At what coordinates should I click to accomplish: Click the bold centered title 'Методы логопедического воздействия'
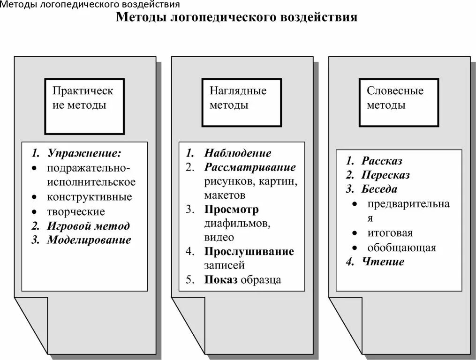click(x=236, y=18)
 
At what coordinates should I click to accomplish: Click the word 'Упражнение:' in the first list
click(x=84, y=153)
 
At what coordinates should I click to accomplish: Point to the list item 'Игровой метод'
click(x=88, y=226)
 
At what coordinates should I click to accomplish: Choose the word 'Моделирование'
click(x=89, y=240)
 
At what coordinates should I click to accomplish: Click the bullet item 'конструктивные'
click(x=89, y=197)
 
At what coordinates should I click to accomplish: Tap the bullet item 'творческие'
click(x=76, y=211)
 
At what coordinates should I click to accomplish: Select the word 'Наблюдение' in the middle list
click(x=238, y=153)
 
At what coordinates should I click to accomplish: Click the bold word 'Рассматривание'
click(x=250, y=167)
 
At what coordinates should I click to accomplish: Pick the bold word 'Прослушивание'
click(x=249, y=252)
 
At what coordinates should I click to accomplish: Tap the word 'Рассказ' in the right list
click(x=382, y=161)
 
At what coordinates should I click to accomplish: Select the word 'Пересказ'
click(x=385, y=175)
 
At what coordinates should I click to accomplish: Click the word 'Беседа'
click(x=379, y=189)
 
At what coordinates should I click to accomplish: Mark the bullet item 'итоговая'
click(x=390, y=233)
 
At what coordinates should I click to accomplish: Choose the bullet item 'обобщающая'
click(x=402, y=247)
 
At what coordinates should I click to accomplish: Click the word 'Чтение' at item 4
click(x=383, y=262)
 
